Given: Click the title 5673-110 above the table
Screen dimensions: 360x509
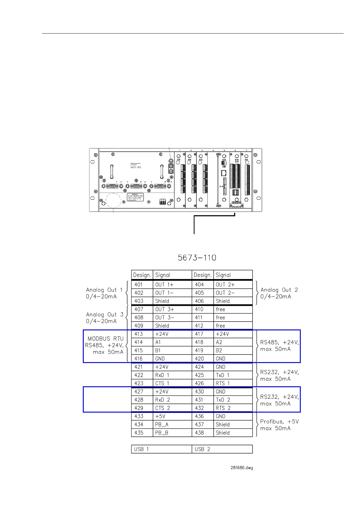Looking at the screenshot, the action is [197, 258].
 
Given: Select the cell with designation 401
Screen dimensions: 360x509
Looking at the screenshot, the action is [142, 285].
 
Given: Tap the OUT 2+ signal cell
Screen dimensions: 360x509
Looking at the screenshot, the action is [233, 285].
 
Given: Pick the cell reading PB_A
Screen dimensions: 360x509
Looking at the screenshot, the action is [172, 425].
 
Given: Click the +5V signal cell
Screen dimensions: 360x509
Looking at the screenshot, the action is [172, 416].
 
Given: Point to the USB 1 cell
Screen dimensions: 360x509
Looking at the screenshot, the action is [161, 449].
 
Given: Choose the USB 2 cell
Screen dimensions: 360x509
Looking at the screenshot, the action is [222, 449].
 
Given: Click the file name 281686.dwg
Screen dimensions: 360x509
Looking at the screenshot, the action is [242, 468].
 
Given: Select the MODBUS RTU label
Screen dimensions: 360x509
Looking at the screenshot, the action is [105, 339].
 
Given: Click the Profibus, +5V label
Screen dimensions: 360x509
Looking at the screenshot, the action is [279, 422].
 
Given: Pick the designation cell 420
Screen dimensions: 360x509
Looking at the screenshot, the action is [203, 359].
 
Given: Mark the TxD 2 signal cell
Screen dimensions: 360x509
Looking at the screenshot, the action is [233, 400].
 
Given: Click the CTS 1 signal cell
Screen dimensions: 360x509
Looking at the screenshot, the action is [172, 383].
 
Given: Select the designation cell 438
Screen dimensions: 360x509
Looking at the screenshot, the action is [203, 433].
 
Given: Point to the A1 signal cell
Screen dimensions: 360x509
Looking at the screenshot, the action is [172, 342].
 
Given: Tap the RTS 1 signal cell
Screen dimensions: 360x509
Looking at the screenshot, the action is [233, 383].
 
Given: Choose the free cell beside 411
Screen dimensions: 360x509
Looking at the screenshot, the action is [233, 318].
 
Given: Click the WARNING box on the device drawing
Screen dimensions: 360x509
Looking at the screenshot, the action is [135, 197].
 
